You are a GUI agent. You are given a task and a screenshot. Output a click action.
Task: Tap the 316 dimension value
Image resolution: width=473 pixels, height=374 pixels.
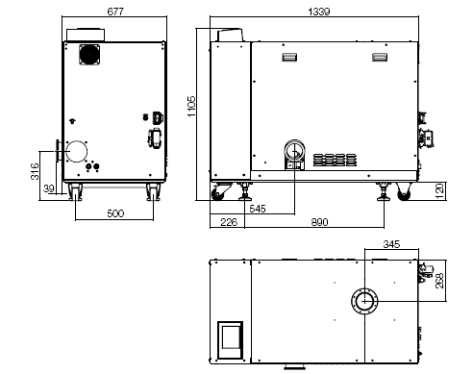[34, 171]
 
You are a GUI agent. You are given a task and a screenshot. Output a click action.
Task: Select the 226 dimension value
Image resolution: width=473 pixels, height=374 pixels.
[230, 222]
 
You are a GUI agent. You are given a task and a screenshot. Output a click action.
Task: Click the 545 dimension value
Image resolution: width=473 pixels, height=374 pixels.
[258, 208]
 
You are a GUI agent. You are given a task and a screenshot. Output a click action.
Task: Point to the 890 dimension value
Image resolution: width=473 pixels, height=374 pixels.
[320, 222]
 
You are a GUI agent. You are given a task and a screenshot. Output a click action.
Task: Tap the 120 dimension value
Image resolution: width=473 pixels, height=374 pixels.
[438, 191]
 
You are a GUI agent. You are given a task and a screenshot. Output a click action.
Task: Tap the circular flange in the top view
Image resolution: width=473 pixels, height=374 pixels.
[364, 301]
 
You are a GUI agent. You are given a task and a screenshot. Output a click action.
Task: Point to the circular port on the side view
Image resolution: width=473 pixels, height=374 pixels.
[295, 154]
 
